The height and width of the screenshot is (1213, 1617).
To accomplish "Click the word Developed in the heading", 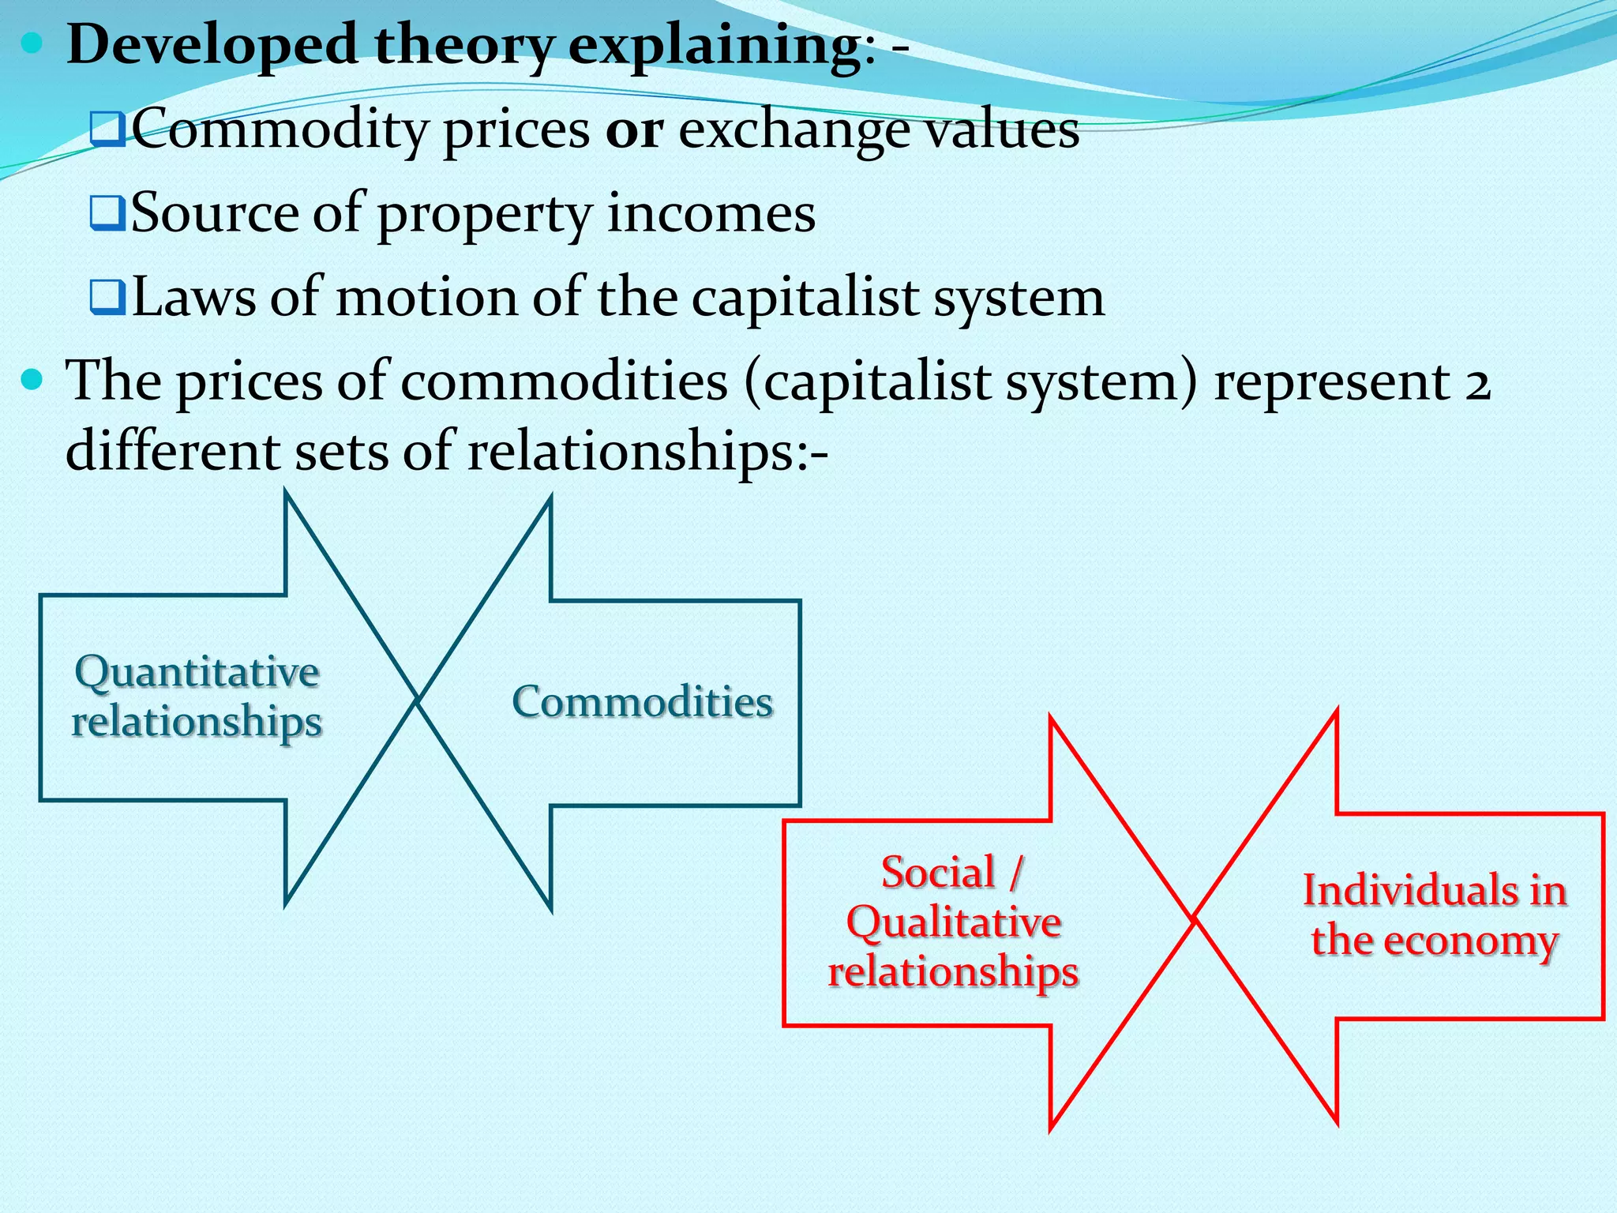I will coord(212,45).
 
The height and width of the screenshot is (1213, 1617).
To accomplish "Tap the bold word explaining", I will coord(713,45).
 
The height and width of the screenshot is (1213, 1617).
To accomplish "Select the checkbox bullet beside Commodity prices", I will coord(107,130).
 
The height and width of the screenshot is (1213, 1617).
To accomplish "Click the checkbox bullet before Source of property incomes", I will coord(107,213).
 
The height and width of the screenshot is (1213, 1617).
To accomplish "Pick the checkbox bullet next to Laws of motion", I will coord(107,298).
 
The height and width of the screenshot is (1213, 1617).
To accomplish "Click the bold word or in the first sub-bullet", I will coord(634,130).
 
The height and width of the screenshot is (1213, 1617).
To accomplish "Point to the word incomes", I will coord(711,213).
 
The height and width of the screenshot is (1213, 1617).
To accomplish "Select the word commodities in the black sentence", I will coord(564,382).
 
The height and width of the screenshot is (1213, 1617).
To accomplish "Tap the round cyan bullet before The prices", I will coord(32,381).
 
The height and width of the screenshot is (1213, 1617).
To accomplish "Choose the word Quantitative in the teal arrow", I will coord(197,673).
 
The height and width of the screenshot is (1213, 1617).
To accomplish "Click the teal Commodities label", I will coord(642,701).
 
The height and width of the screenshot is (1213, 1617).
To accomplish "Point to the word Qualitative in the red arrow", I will coord(954,922).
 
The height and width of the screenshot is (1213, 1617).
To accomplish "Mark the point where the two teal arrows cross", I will coord(417,700).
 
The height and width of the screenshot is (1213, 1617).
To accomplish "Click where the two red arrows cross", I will coord(1193,918).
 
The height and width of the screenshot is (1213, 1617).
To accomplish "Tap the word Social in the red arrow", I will coord(938,873).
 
